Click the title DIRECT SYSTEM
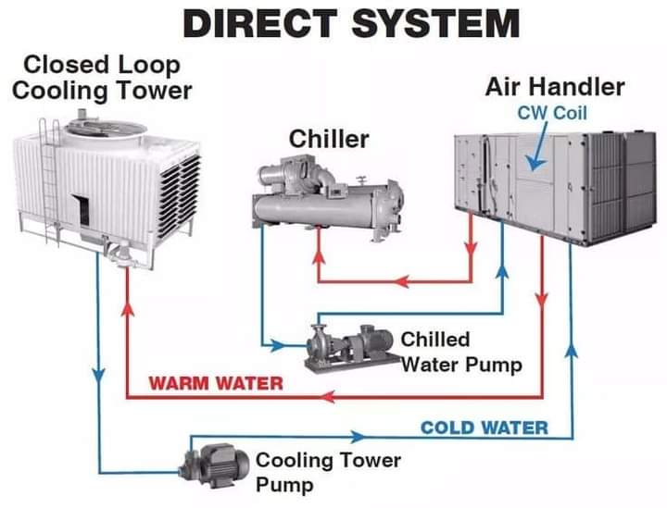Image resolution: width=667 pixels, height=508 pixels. (x=350, y=23)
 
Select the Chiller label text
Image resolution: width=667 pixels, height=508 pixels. (x=329, y=139)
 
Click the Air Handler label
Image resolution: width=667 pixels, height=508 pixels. (x=555, y=88)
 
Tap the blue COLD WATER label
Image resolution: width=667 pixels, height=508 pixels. (x=484, y=427)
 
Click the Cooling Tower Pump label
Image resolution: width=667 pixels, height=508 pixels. (x=328, y=471)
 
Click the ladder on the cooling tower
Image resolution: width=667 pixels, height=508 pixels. (x=51, y=176)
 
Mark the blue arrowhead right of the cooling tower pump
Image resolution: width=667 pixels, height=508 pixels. (x=355, y=435)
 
